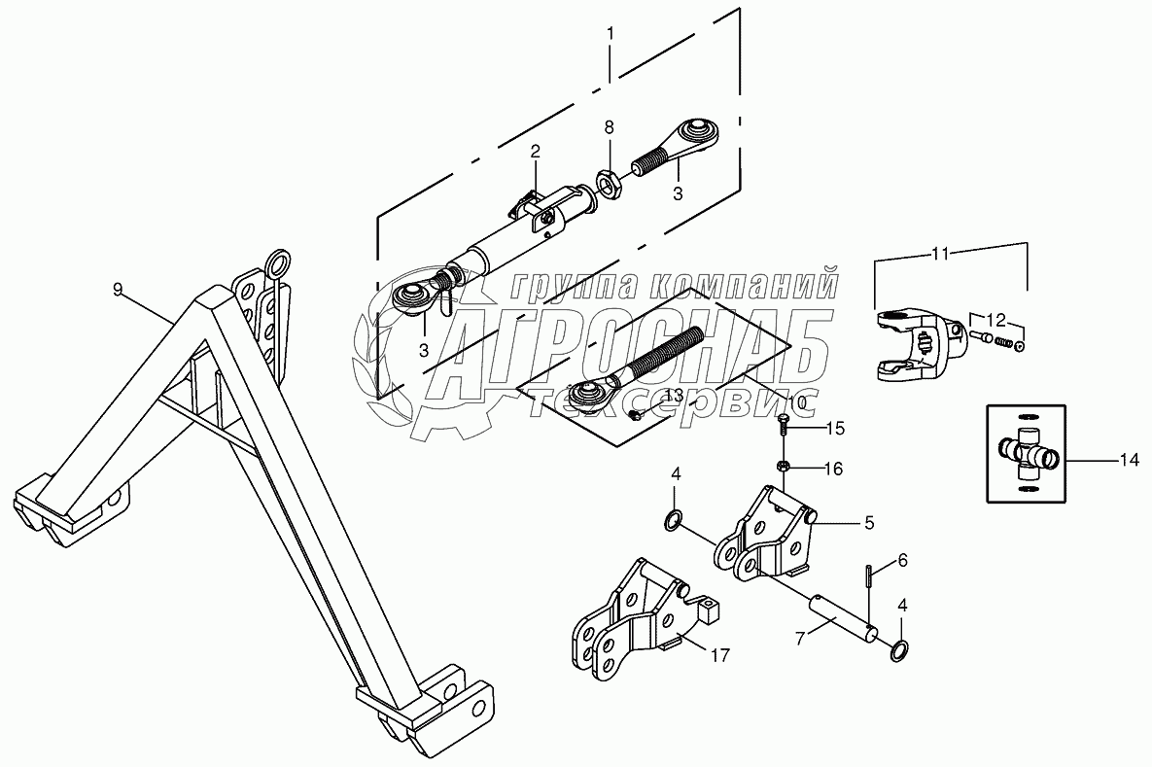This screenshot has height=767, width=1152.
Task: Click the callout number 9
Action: [x=118, y=289]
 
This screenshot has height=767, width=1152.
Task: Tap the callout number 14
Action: [x=1128, y=461]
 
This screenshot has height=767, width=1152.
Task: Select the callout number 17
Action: [x=718, y=656]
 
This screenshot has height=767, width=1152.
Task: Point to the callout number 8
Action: [x=610, y=127]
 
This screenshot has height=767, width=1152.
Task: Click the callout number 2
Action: [x=535, y=151]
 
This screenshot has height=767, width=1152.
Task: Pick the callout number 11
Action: [x=939, y=253]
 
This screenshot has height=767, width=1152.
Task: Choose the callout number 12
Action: [x=996, y=318]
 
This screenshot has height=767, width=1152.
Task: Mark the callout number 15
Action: [x=836, y=428]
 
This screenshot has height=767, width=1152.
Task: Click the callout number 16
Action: [x=833, y=468]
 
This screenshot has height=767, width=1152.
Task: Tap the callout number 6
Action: [x=902, y=560]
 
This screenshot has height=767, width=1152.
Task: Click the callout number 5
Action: [x=869, y=522]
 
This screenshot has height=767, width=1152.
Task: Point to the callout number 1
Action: [x=610, y=34]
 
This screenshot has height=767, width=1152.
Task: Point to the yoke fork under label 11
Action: [x=914, y=345]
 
